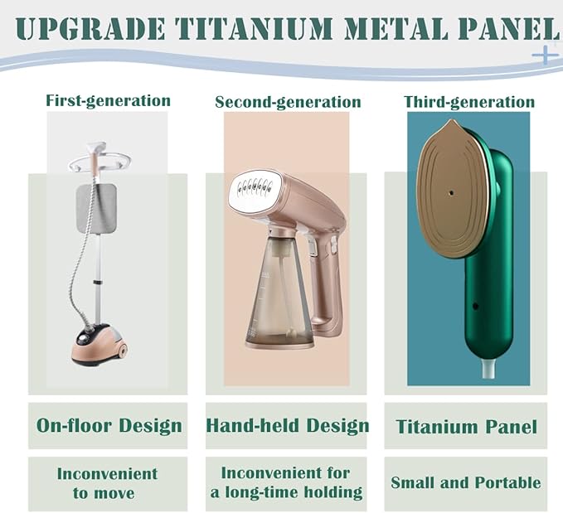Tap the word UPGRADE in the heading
tap(90, 27)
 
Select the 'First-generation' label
tap(108, 101)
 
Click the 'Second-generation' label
tap(288, 103)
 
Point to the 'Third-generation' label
tap(469, 103)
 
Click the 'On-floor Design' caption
tap(109, 426)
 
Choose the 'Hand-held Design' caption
tap(287, 426)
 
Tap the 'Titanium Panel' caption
tap(466, 428)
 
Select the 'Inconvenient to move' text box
tap(108, 483)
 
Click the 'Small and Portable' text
tap(466, 482)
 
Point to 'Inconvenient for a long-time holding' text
tap(287, 482)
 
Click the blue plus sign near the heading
tap(544, 56)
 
